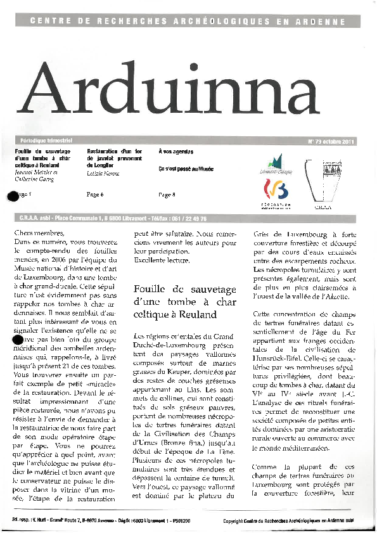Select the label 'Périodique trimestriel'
(41, 141)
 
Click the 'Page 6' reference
(94, 195)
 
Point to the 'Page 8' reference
(167, 195)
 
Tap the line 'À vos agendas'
(176, 151)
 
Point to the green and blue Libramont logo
(273, 163)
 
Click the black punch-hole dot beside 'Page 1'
(11, 196)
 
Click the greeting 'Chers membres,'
(39, 233)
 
